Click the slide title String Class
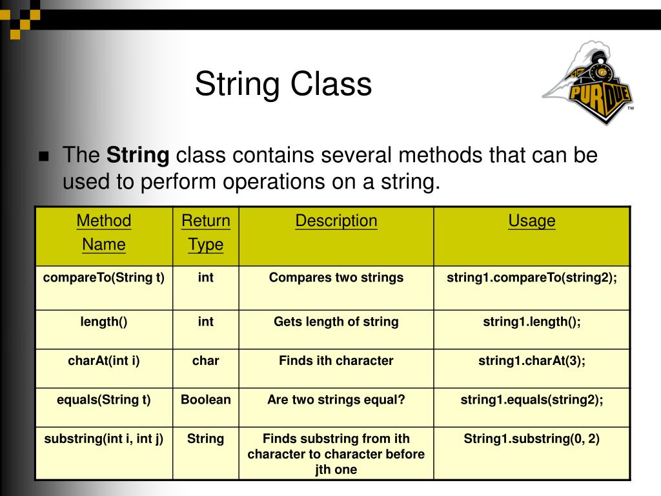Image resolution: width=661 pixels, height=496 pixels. pos(283,85)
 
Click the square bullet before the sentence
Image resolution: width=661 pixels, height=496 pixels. pos(44,157)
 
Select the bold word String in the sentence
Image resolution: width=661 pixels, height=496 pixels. pos(137,156)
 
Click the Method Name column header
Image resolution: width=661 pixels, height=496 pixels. pos(103,232)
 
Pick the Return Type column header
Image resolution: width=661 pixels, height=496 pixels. pos(205,232)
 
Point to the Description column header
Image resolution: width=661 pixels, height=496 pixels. pos(336,221)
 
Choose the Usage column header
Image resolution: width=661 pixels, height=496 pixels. pos(531,221)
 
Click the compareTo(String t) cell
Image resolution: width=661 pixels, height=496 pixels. pos(103,278)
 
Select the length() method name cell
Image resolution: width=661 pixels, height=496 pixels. pos(103,322)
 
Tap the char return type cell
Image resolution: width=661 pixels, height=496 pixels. pos(205,361)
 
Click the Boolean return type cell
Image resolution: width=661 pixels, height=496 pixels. pos(205,400)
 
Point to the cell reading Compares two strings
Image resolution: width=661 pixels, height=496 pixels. pos(336,278)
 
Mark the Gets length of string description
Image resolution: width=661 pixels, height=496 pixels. pos(336,322)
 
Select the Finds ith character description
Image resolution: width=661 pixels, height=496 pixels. pos(336,361)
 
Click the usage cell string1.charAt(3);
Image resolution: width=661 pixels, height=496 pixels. pos(531,361)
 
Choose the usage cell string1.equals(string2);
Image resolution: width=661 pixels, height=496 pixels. pos(531,400)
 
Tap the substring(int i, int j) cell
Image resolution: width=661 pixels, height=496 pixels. pos(103,439)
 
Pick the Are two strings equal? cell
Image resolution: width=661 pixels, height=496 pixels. pos(336,400)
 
